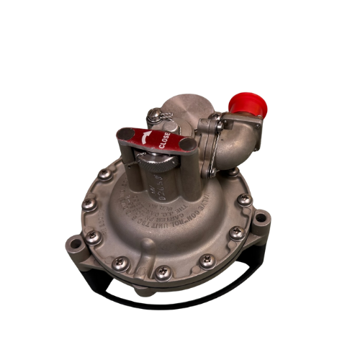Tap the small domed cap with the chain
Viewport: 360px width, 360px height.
(x=156, y=115)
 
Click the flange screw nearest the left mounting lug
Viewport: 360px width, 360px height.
(x=91, y=235)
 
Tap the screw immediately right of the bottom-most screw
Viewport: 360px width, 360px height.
(x=207, y=261)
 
